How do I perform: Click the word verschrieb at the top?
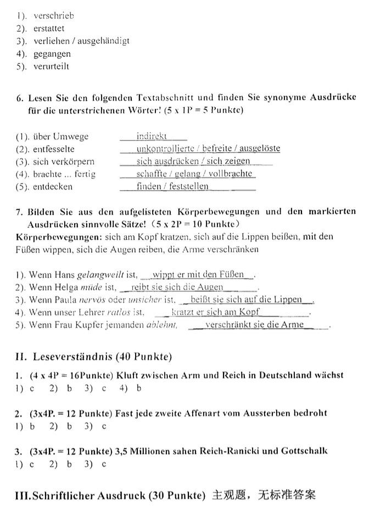pyautogui.click(x=53, y=15)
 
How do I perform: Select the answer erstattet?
pyautogui.click(x=48, y=28)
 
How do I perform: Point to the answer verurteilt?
pyautogui.click(x=51, y=66)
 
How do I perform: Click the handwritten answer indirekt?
pyautogui.click(x=152, y=136)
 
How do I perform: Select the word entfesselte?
pyautogui.click(x=54, y=149)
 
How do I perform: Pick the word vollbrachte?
pyautogui.click(x=230, y=174)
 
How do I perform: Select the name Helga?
pyautogui.click(x=65, y=287)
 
